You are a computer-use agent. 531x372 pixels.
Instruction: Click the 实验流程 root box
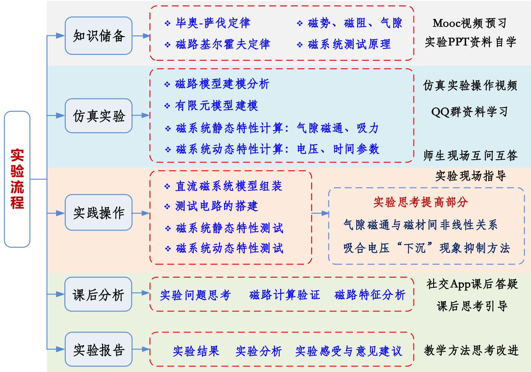tap(17, 179)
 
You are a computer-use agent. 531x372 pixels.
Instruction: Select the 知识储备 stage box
tap(99, 36)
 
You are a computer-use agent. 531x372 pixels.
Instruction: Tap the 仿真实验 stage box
tap(99, 116)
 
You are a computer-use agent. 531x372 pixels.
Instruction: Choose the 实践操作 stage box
tap(99, 213)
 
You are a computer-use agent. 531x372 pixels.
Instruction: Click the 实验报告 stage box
tap(99, 349)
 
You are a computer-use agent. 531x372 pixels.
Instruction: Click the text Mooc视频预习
tap(470, 22)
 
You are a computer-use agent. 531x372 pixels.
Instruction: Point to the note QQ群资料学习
tap(470, 112)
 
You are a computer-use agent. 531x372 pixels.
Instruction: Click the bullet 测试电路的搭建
tap(216, 206)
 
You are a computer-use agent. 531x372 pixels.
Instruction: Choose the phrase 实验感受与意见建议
tap(349, 351)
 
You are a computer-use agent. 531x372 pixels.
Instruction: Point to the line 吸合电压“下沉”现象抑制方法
tap(427, 248)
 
